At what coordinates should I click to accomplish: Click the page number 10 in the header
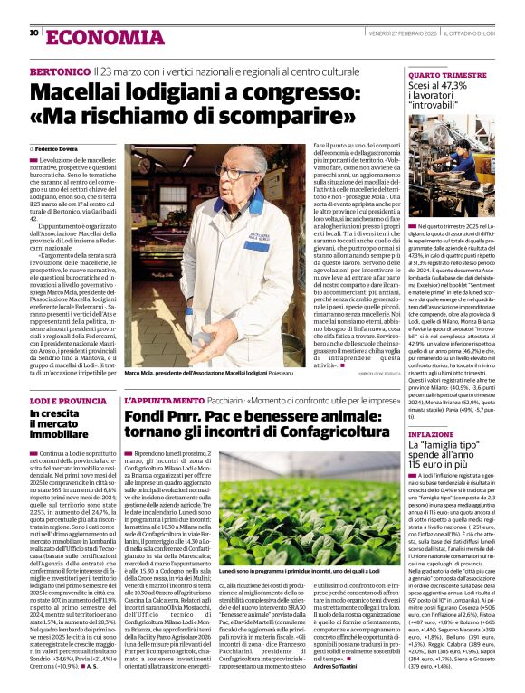tap(33, 33)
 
